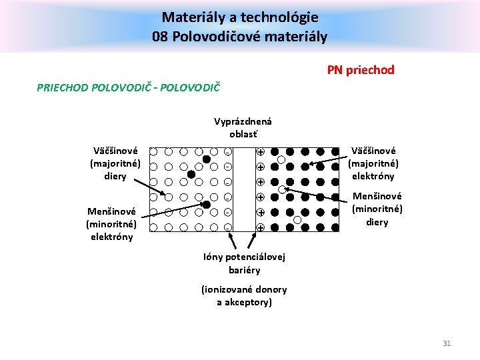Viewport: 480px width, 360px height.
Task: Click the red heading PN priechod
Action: click(x=361, y=69)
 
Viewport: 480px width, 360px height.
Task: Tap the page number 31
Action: click(x=447, y=343)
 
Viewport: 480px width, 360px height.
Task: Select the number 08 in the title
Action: click(x=160, y=37)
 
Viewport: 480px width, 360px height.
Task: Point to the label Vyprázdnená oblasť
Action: click(x=243, y=127)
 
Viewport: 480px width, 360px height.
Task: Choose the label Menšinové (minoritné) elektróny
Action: click(x=111, y=224)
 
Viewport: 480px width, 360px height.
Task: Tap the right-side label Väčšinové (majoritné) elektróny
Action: click(x=373, y=163)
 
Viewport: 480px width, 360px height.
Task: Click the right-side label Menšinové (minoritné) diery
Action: click(x=377, y=209)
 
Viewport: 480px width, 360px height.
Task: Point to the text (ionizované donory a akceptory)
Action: click(x=244, y=295)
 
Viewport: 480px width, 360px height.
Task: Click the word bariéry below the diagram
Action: click(x=244, y=270)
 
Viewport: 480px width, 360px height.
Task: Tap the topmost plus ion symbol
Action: click(x=261, y=151)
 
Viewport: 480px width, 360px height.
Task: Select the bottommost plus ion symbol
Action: click(x=261, y=227)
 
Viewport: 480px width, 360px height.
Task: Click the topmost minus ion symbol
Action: click(x=228, y=151)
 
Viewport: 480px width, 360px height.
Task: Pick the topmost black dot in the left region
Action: click(x=207, y=159)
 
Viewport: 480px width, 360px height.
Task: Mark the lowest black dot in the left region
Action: click(x=207, y=205)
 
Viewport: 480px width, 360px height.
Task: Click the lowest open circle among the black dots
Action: click(x=297, y=220)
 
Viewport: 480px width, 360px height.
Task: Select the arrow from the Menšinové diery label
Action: click(x=317, y=195)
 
